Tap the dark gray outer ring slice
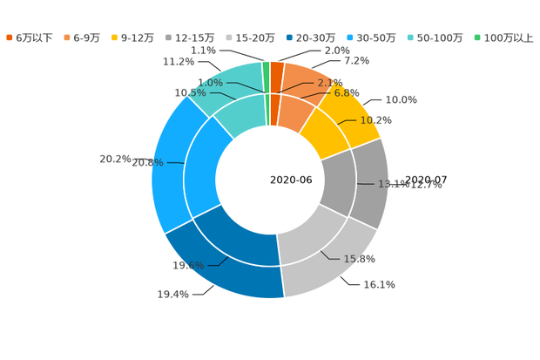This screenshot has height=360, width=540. coord(373,183)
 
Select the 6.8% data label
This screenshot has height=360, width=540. coord(348,92)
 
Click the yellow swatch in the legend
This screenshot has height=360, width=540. coord(115,37)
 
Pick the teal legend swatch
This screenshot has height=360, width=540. coord(410,37)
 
